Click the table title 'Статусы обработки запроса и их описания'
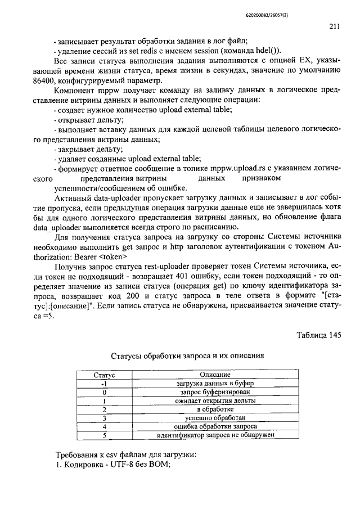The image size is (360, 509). point(187,355)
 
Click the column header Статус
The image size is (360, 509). point(103,374)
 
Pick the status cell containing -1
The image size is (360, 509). point(103,383)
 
